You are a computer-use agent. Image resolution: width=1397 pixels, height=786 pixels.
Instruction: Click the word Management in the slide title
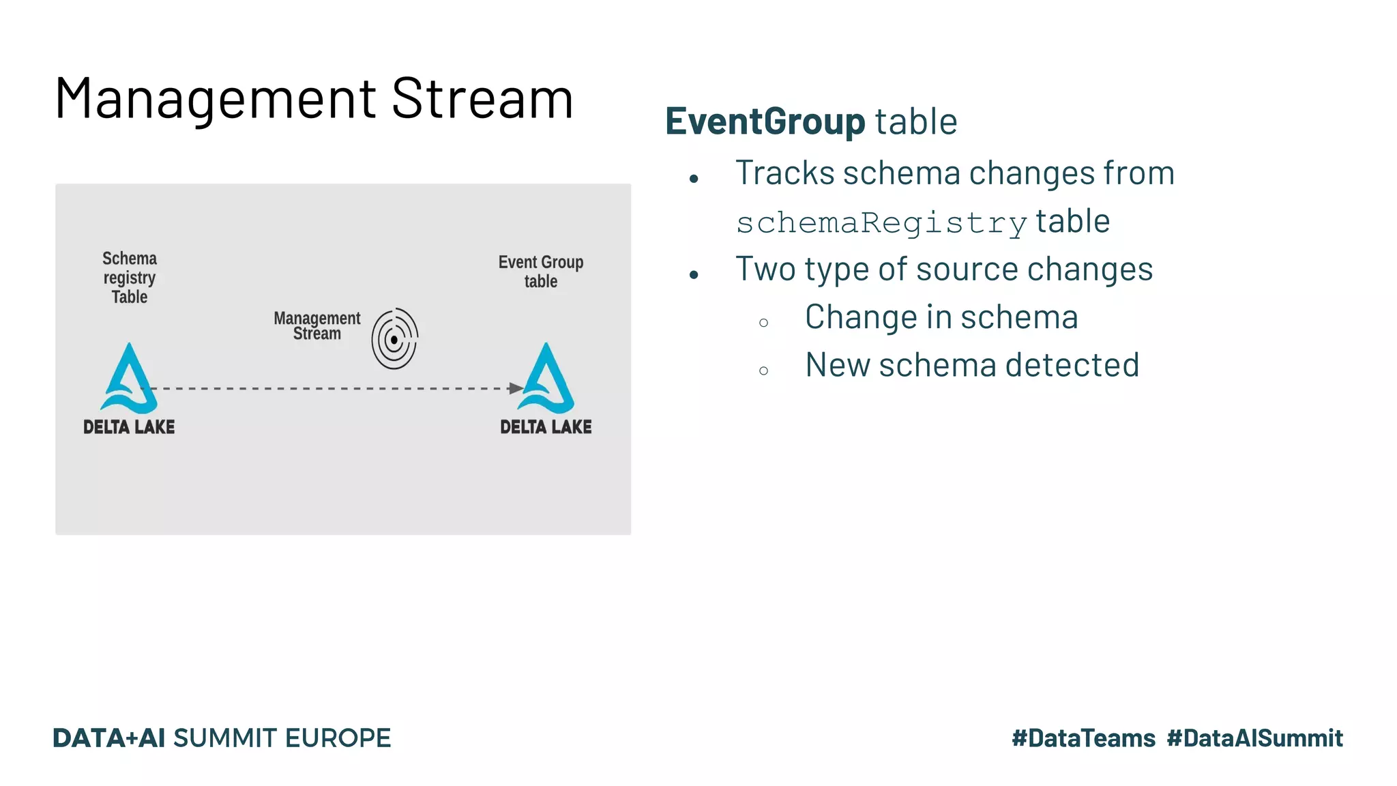tap(216, 100)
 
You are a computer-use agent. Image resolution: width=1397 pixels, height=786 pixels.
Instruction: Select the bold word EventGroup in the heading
tap(765, 121)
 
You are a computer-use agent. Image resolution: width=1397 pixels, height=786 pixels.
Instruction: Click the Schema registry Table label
tap(130, 278)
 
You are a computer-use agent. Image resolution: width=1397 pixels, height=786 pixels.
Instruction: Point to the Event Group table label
tap(540, 272)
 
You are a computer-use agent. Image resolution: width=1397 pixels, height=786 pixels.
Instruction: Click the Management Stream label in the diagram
tap(317, 326)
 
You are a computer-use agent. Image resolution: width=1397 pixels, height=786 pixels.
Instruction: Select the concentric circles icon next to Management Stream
tap(394, 339)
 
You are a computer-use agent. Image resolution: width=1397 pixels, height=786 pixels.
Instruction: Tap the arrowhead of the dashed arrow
tap(516, 388)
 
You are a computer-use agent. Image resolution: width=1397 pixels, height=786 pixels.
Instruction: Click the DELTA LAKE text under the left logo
tap(129, 427)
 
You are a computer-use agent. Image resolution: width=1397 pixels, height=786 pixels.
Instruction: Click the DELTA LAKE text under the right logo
tap(546, 427)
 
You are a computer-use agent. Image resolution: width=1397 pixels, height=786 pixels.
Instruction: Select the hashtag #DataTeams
tap(1083, 738)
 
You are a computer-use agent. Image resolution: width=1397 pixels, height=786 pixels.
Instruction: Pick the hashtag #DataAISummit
tap(1254, 738)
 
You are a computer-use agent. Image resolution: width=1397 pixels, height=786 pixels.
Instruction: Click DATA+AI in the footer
tap(109, 738)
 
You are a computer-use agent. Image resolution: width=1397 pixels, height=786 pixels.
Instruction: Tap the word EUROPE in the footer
tap(338, 738)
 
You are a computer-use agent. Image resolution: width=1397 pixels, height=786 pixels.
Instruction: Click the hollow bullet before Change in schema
tap(763, 323)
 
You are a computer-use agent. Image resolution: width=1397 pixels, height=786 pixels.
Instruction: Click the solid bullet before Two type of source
tap(694, 275)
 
